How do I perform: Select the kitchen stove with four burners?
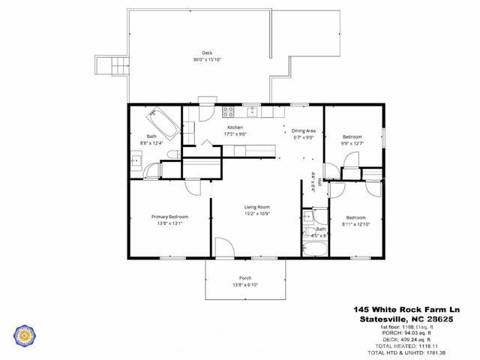(x=229, y=112)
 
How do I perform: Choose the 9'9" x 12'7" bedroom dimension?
(x=352, y=142)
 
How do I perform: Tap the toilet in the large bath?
(x=172, y=154)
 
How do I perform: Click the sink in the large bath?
(x=136, y=160)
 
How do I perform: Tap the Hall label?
(x=312, y=181)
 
